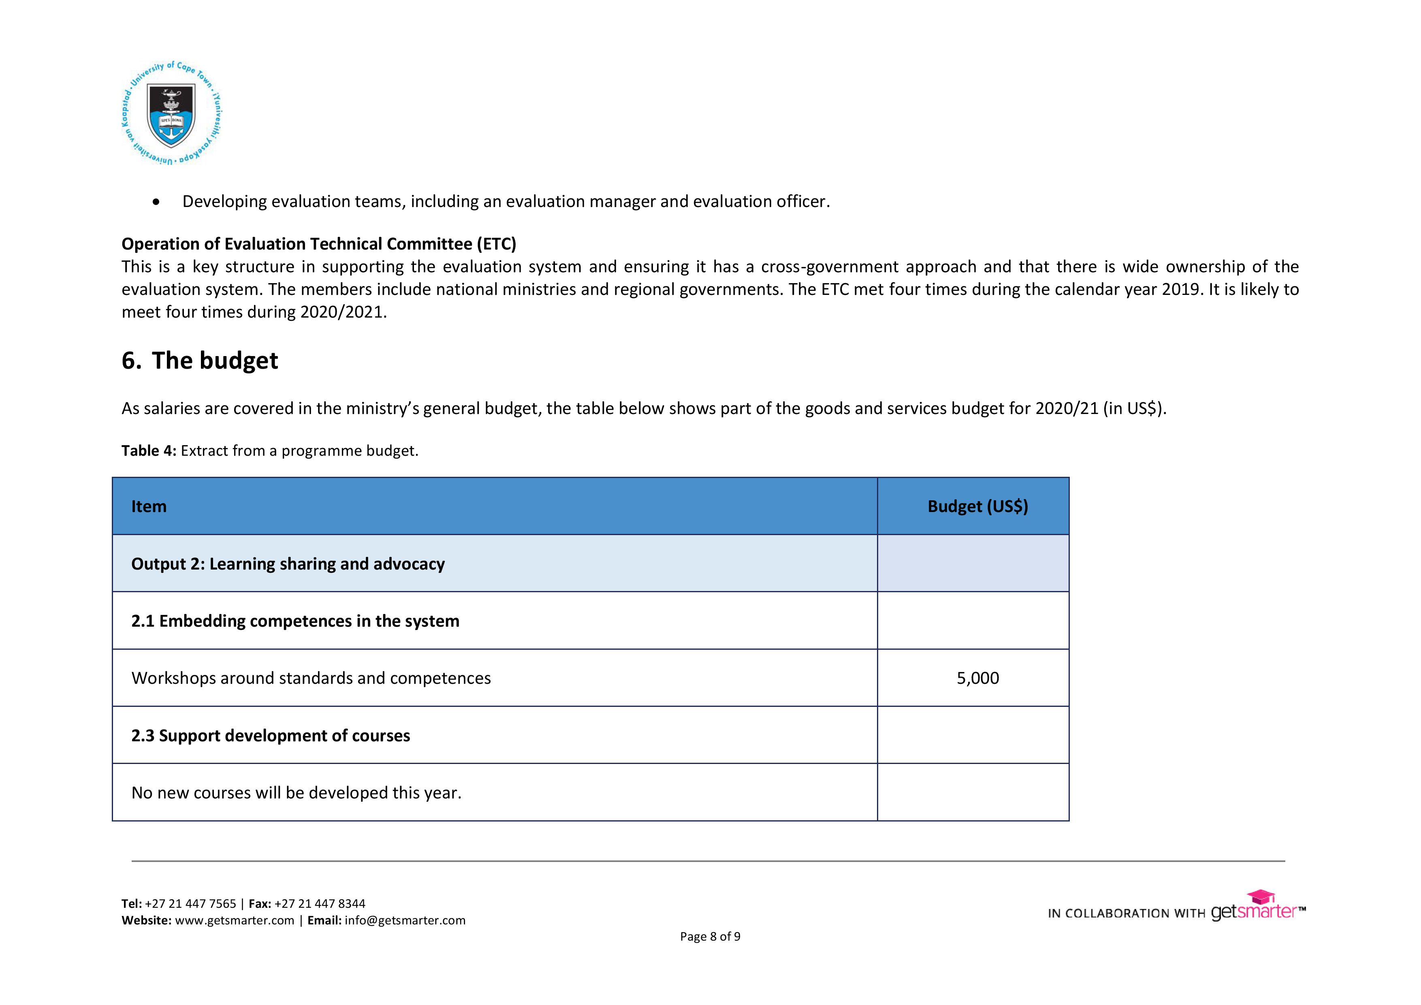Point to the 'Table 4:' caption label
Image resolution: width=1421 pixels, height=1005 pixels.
pyautogui.click(x=149, y=450)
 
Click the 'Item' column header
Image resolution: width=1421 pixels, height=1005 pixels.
pyautogui.click(x=149, y=506)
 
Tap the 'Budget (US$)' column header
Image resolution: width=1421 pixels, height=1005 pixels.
pyautogui.click(x=977, y=506)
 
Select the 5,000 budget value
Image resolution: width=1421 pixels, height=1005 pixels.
pyautogui.click(x=977, y=678)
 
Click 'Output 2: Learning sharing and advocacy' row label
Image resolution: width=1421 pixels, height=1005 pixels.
pyautogui.click(x=288, y=564)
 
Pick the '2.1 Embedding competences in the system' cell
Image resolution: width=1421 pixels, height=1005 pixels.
pyautogui.click(x=295, y=621)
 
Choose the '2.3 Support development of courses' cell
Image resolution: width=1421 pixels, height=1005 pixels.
pyautogui.click(x=271, y=736)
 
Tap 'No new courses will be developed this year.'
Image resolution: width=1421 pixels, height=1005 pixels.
pyautogui.click(x=297, y=793)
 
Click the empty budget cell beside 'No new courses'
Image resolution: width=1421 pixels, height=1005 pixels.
pyautogui.click(x=973, y=793)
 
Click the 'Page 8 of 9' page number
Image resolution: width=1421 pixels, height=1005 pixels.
pyautogui.click(x=710, y=936)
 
